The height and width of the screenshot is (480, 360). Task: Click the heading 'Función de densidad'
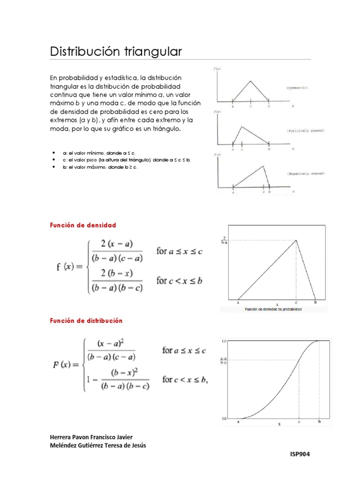pos(82,225)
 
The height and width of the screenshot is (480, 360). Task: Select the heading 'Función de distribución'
pos(86,321)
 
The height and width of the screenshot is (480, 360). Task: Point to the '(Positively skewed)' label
pos(306,131)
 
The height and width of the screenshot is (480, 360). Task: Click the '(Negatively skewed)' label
pos(306,173)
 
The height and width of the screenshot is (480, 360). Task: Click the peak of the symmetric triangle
pos(251,81)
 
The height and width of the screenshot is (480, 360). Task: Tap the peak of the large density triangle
pos(296,240)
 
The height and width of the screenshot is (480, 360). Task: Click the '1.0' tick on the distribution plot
pos(224,341)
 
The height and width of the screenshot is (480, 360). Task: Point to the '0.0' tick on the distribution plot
pos(224,418)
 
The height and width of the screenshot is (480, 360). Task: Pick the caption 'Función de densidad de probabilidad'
pos(273,310)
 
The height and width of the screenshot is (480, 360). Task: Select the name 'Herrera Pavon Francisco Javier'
pos(91,437)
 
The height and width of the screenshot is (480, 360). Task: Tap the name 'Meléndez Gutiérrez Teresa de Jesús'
pos(98,445)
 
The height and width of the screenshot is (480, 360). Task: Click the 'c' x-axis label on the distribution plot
pos(299,422)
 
